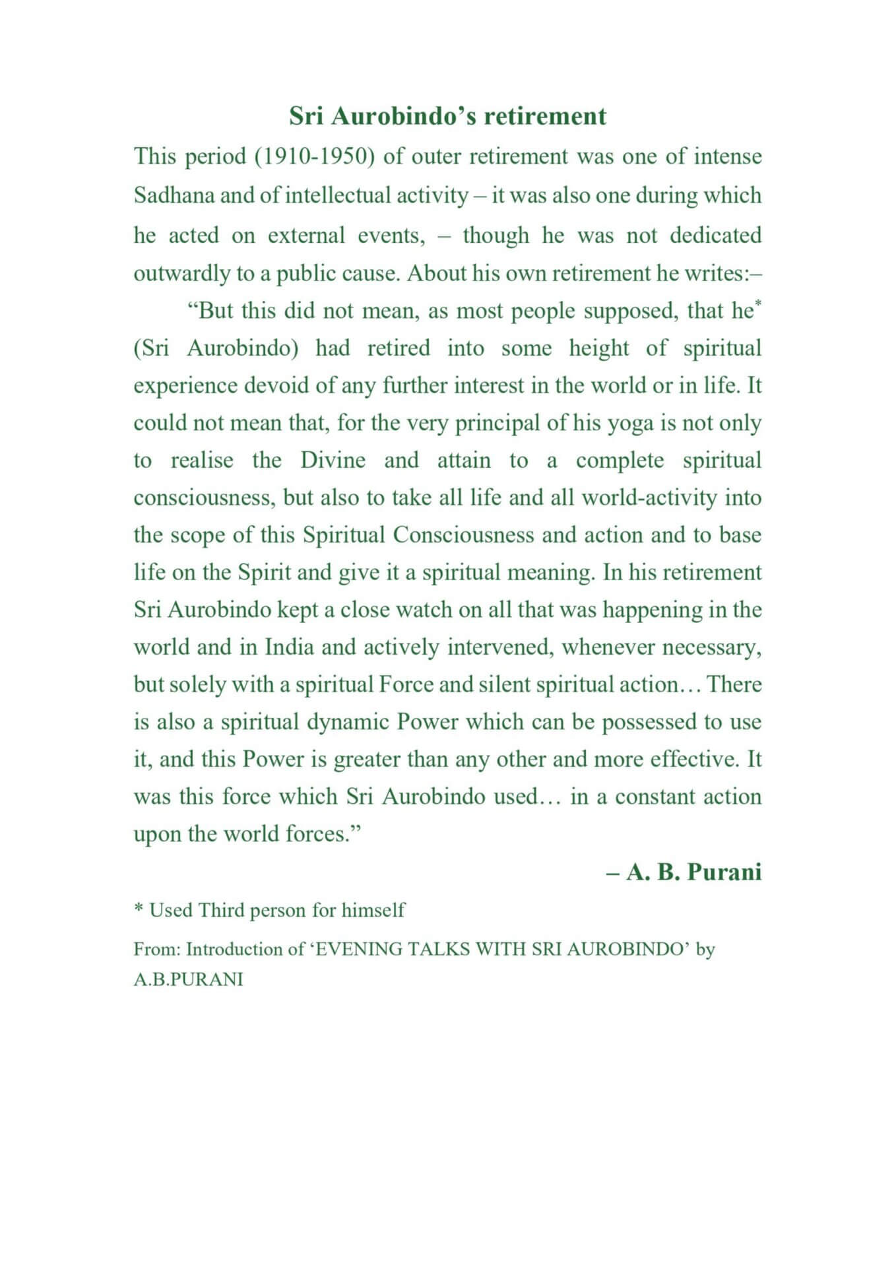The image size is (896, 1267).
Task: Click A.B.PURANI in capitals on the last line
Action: (188, 979)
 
